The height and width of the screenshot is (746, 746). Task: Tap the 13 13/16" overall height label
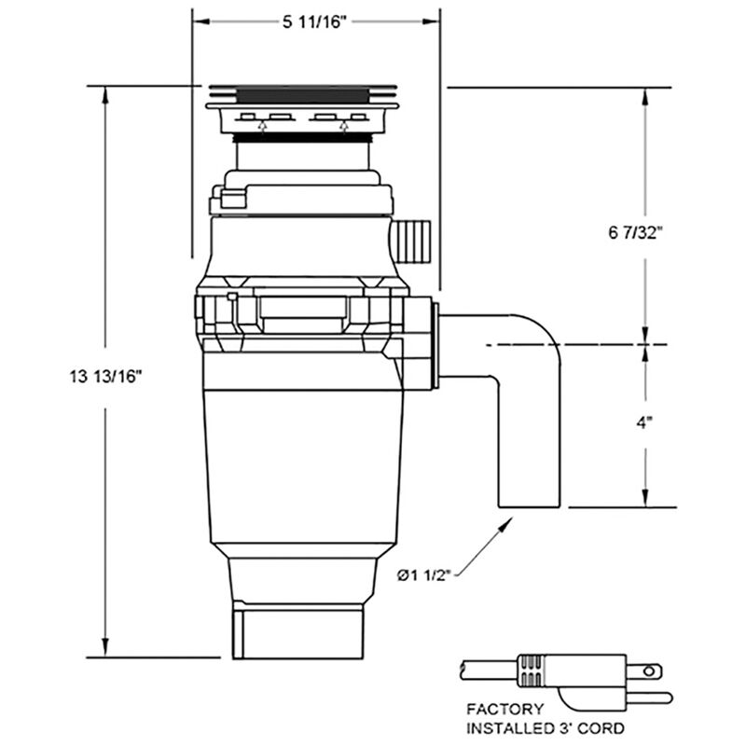tap(104, 376)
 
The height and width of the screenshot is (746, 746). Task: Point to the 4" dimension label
tap(644, 422)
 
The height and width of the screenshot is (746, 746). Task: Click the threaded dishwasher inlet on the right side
tap(412, 241)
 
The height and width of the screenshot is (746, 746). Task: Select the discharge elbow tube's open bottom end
tap(529, 506)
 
